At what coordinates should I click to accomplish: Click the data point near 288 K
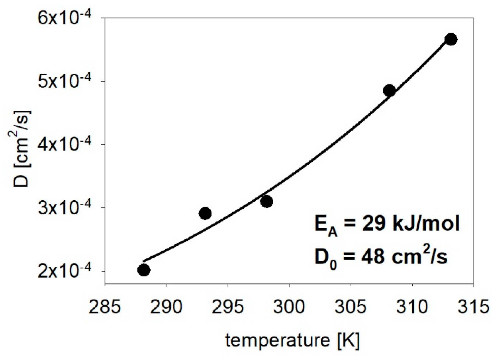pos(144,270)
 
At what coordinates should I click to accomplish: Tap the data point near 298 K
pos(266,201)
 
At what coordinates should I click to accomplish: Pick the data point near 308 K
pos(389,91)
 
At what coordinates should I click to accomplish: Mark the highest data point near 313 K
pos(451,39)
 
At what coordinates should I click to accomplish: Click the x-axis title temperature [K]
pos(292,340)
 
